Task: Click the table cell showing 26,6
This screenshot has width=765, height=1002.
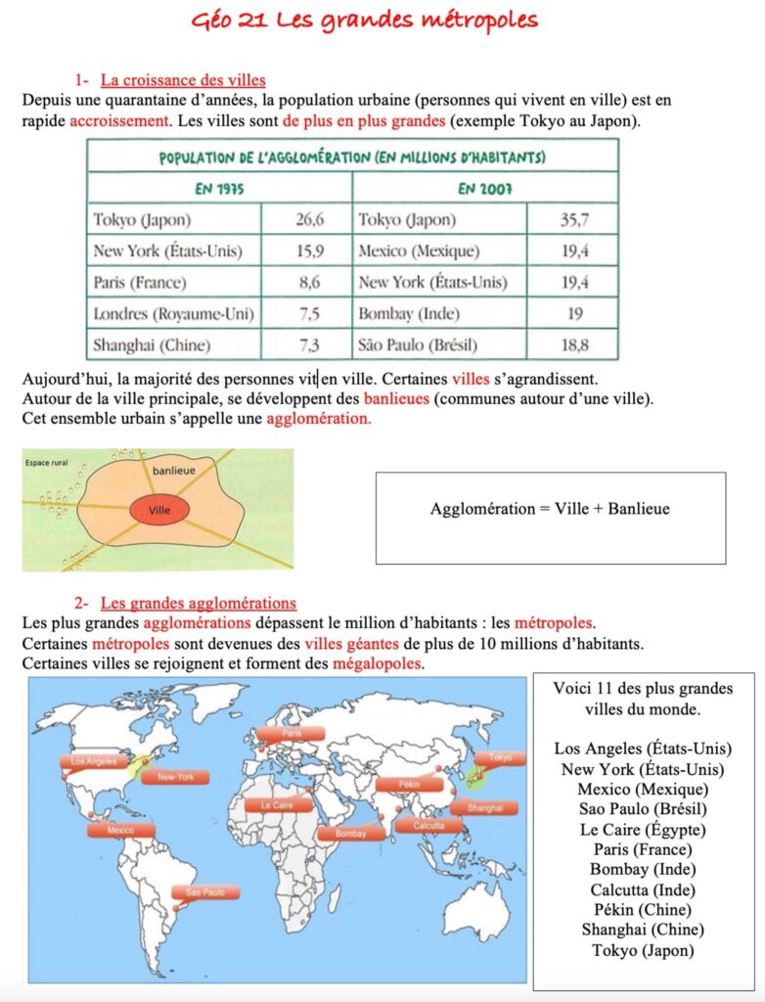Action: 308,219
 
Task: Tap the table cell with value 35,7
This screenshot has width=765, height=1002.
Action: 574,219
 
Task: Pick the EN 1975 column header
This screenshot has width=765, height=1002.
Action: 218,188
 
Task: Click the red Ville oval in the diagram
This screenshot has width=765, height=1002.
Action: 158,511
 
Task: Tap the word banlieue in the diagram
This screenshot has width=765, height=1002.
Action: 174,471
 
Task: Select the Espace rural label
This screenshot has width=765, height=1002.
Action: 47,461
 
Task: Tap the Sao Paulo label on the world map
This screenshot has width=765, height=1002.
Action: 205,892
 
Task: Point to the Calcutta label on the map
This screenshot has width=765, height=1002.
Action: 428,825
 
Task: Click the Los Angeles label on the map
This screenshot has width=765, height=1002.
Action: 94,760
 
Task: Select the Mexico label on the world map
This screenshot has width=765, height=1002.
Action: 120,830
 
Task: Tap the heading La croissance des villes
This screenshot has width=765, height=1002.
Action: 183,80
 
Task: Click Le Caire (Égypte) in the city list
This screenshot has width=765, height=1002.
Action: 643,830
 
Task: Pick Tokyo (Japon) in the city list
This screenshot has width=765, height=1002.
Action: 643,950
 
